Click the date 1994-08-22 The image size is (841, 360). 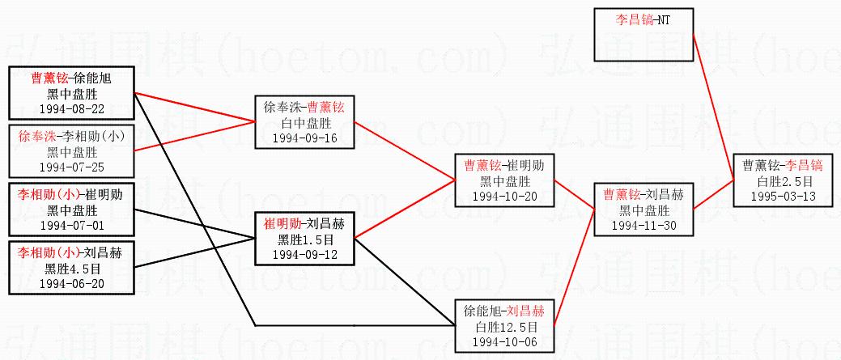pos(71,108)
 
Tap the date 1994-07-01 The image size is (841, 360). pos(71,224)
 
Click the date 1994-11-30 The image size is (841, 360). pos(643,224)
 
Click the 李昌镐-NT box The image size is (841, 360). pos(643,35)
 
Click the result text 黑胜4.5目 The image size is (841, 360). pos(71,268)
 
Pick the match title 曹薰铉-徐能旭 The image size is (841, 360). pos(71,78)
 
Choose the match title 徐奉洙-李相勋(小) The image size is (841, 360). pos(71,136)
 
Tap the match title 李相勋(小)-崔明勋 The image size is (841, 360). pos(71,194)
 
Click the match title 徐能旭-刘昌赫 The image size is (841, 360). pos(504,311)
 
